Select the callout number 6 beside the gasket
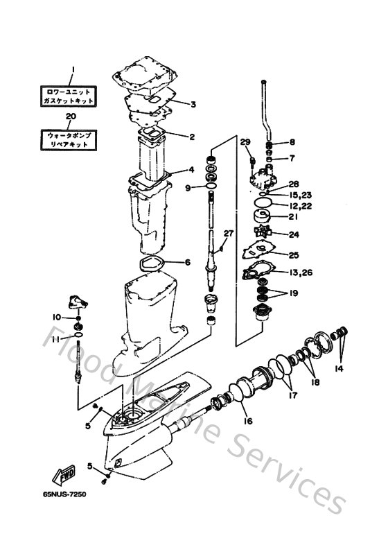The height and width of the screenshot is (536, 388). click(187, 262)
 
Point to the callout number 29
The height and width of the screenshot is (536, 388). click(245, 142)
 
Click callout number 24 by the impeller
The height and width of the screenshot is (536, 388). click(294, 234)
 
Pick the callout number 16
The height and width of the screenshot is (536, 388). click(247, 421)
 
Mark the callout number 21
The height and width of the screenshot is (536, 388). click(294, 217)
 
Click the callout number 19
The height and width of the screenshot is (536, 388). click(294, 293)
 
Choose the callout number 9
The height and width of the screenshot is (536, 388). click(188, 187)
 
